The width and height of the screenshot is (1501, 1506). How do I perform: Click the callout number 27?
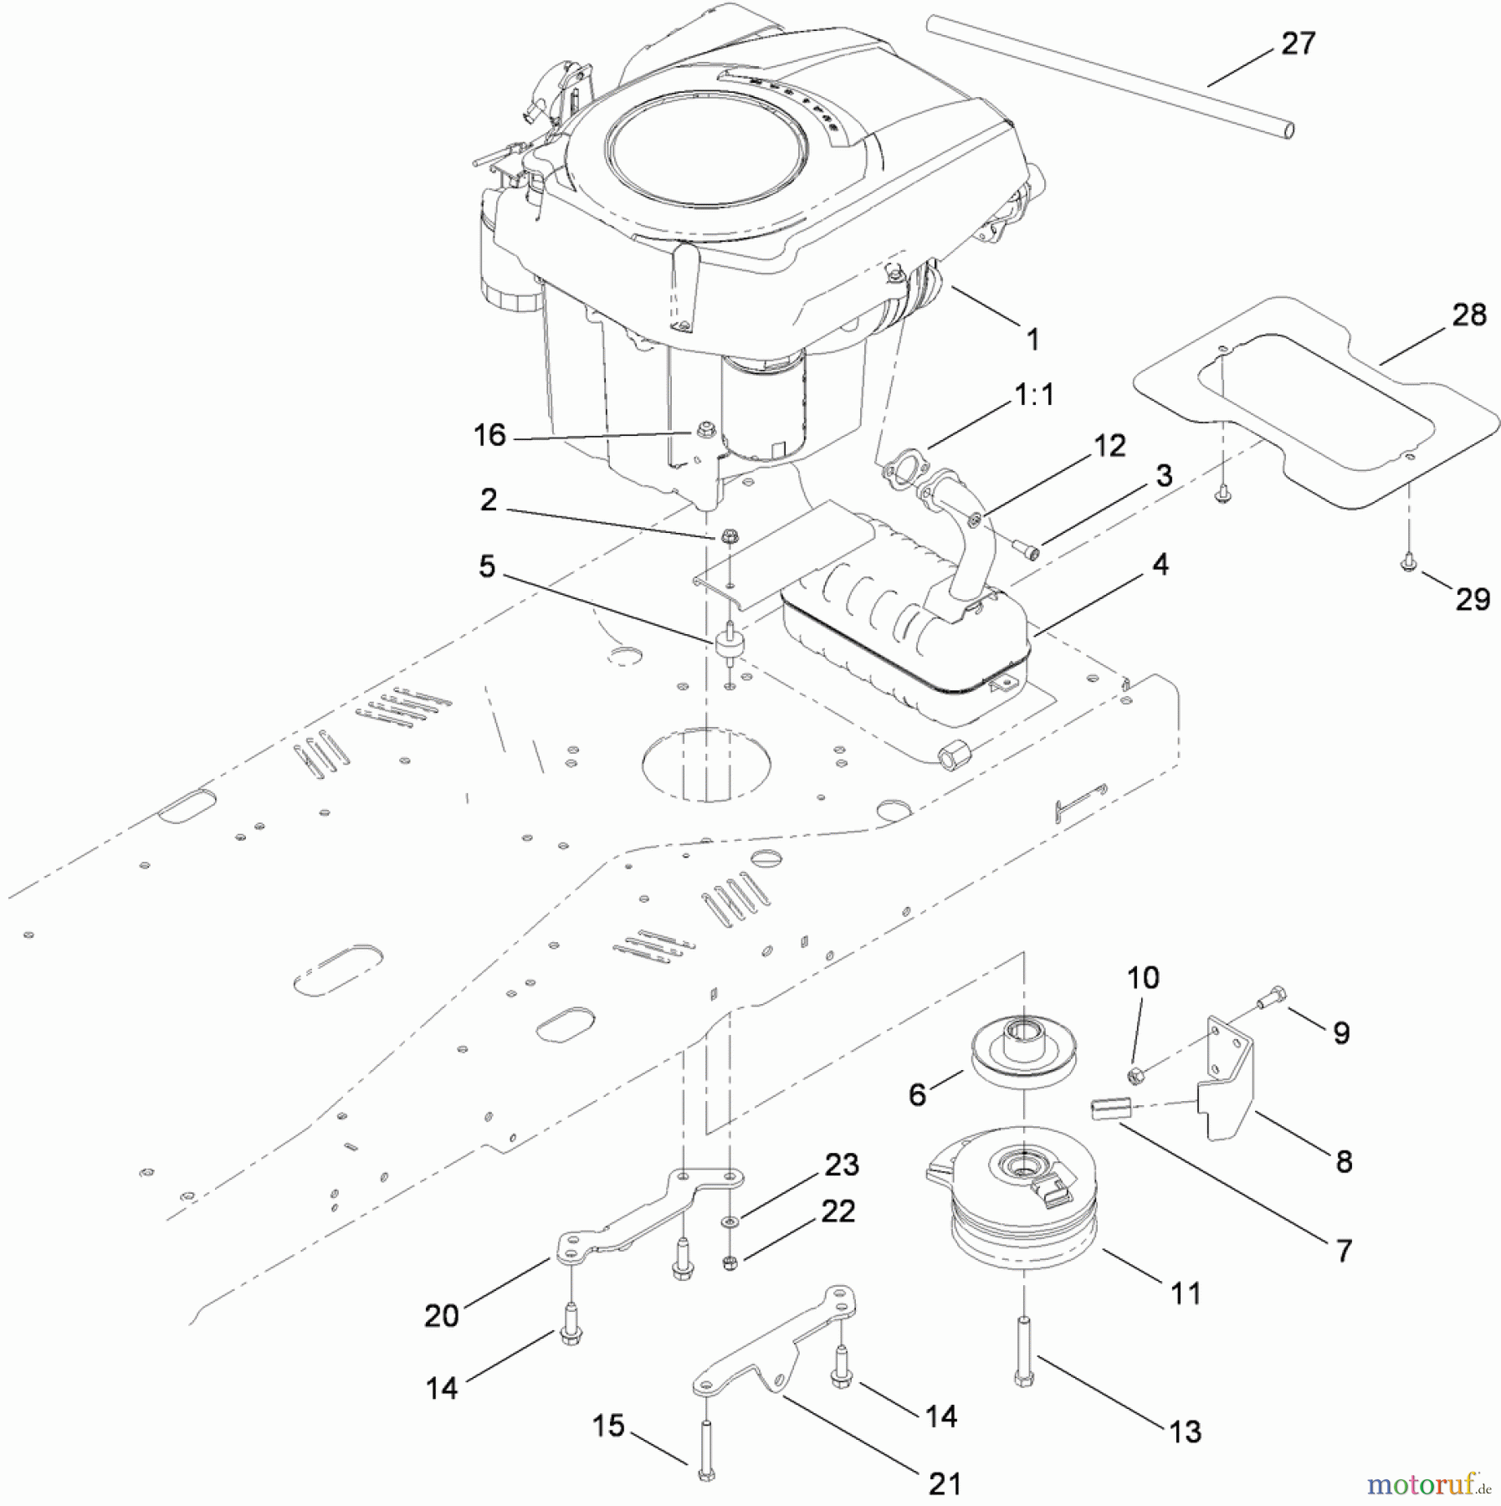pyautogui.click(x=1298, y=44)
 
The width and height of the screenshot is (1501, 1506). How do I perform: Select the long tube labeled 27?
pyautogui.click(x=1113, y=79)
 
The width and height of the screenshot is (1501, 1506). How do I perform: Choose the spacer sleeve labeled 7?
pyautogui.click(x=1111, y=1109)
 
